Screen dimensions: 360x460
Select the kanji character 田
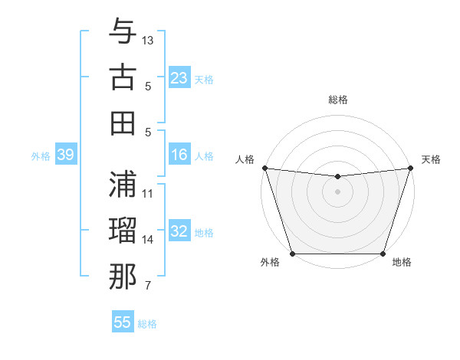pos(123,123)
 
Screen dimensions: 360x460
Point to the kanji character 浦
pos(123,183)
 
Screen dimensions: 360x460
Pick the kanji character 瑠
pos(123,230)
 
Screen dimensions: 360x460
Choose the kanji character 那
pos(123,276)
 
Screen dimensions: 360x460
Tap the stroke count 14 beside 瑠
pos(148,240)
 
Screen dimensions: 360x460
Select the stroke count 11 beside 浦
pos(148,193)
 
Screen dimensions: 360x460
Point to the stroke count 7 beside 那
pos(148,286)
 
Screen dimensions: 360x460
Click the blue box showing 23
pos(179,78)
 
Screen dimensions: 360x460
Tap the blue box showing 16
pos(179,155)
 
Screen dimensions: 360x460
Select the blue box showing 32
pos(179,232)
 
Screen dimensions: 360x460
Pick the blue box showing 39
pos(65,155)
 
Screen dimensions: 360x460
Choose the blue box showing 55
pos(123,322)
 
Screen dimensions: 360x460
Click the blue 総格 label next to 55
pos(147,324)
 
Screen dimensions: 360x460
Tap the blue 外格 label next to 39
pos(41,156)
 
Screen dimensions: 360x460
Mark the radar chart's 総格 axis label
pos(337,100)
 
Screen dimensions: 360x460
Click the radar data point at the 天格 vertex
pos(411,168)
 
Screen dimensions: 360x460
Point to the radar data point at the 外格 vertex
pos(292,254)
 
